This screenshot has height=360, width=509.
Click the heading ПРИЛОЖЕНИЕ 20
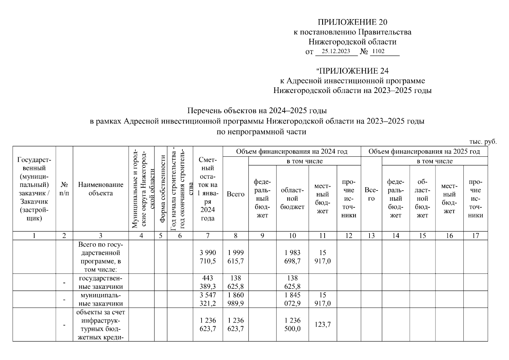[x=352, y=22]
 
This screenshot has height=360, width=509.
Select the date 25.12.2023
[x=336, y=51]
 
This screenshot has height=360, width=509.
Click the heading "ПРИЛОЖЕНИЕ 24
[x=352, y=71]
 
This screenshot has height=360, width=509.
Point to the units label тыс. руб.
[x=482, y=142]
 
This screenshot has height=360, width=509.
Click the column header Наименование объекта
[x=100, y=189]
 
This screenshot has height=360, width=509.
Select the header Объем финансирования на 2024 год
[x=292, y=151]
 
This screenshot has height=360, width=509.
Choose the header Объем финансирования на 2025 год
[x=424, y=151]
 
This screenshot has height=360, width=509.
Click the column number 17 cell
[x=475, y=236]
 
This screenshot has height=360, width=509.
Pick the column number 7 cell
[x=208, y=236]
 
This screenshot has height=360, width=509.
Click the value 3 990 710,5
[x=208, y=257]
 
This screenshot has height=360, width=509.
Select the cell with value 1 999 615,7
[x=235, y=257]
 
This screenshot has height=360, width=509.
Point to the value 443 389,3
[x=208, y=282]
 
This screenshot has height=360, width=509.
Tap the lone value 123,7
[x=322, y=325]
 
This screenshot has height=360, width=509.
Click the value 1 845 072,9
[x=292, y=299]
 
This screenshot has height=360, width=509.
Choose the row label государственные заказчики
[x=100, y=282]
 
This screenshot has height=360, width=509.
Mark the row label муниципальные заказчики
[x=100, y=299]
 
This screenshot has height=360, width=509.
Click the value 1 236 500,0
[x=292, y=325]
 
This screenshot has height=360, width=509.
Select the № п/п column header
[x=64, y=189]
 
